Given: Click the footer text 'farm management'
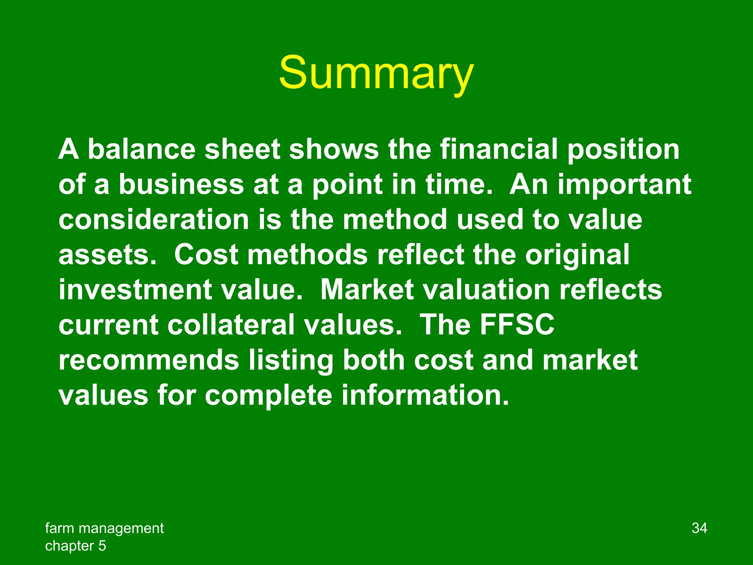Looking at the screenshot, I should click(x=104, y=528).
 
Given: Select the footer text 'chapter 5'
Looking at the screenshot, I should click(x=75, y=546).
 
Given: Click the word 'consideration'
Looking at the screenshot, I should click(x=154, y=220).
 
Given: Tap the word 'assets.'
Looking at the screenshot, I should click(x=107, y=255).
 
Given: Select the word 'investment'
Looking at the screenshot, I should click(x=135, y=290).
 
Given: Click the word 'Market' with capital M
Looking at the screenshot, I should click(x=367, y=290).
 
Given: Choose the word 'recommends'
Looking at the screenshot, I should click(x=149, y=360).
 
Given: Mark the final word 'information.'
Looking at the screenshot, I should click(x=425, y=395).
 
